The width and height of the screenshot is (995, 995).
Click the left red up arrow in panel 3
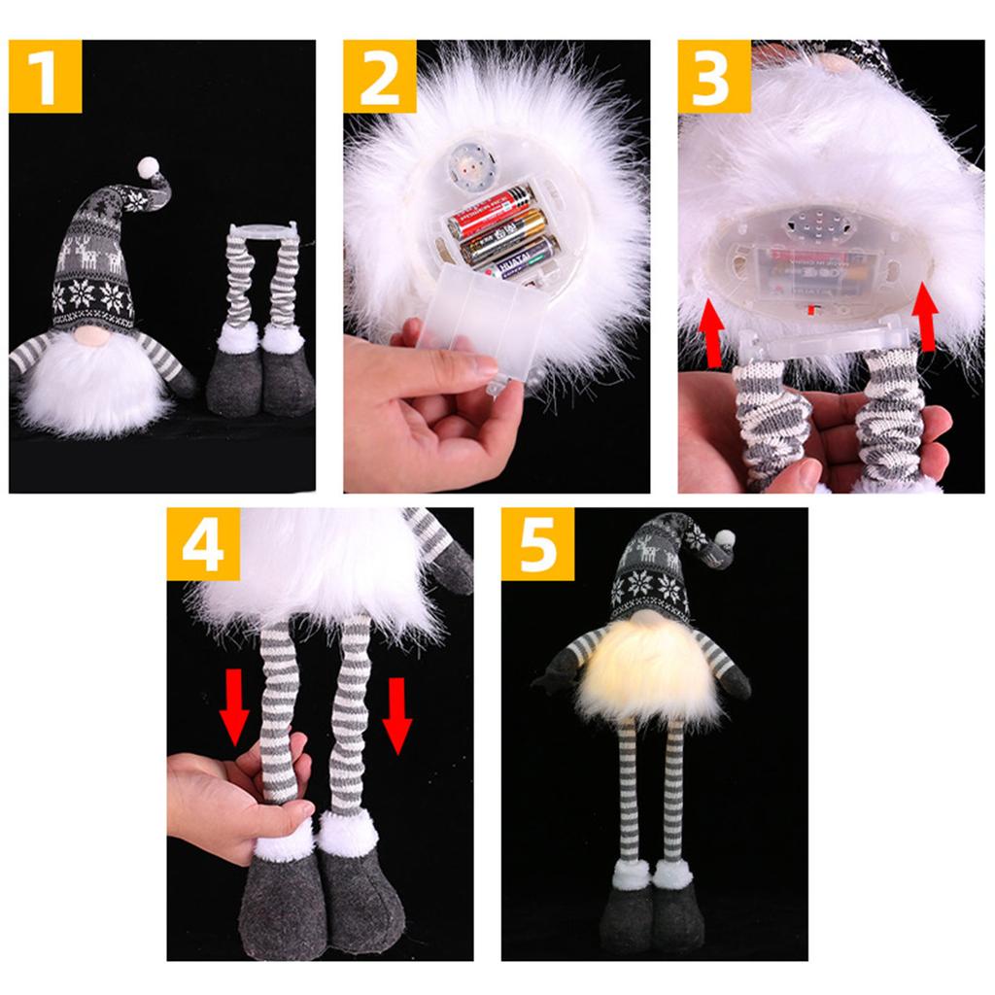coord(713,333)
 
